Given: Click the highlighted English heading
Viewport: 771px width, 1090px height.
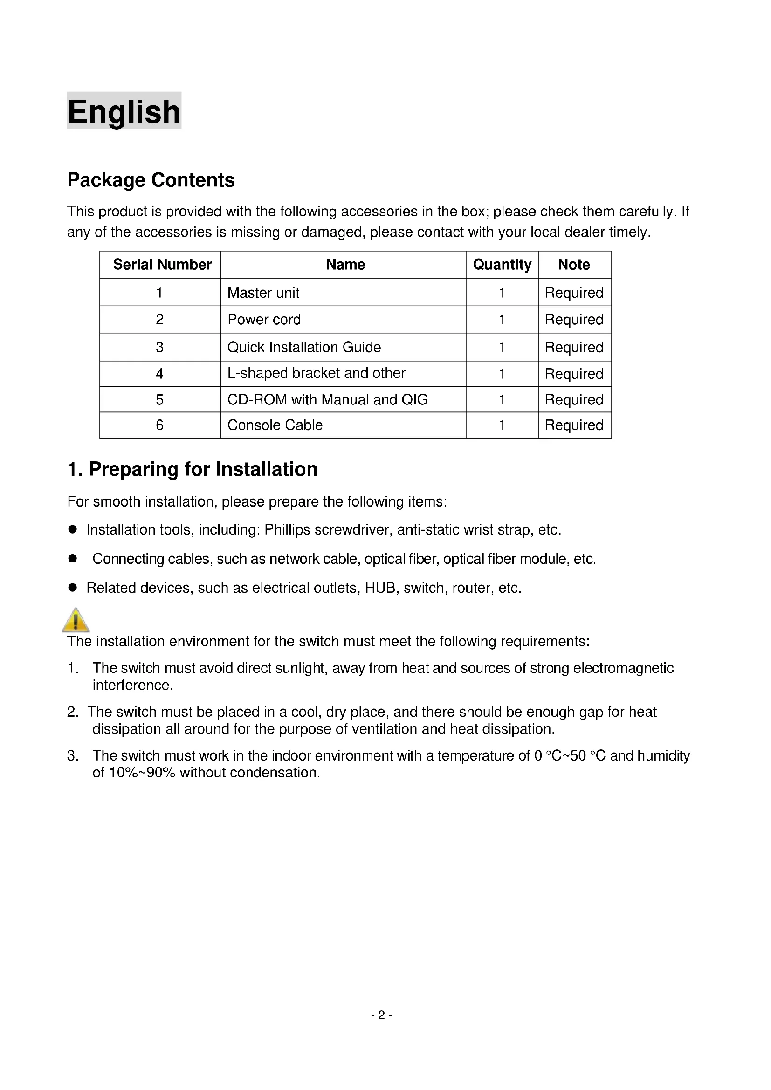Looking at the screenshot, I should (x=124, y=111).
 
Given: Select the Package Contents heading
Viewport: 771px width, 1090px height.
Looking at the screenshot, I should (x=151, y=180).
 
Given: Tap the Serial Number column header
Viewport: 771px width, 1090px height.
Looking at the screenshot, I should (x=162, y=264).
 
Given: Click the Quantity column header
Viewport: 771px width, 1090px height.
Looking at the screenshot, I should (x=502, y=264).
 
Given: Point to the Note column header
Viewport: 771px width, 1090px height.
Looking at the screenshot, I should (x=573, y=264).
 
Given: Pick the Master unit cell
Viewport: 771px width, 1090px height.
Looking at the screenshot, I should (x=263, y=293).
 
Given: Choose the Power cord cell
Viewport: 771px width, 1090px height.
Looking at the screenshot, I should (x=264, y=320).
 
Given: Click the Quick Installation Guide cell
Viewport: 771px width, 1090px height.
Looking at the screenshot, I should (x=304, y=347).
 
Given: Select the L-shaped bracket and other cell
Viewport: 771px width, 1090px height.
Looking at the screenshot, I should (x=316, y=373).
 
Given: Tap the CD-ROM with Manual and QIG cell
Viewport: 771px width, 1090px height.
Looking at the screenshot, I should (x=328, y=400).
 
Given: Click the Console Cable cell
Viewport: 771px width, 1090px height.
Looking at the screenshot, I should (x=275, y=425).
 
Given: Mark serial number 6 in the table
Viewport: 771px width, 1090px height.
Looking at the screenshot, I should (x=159, y=425).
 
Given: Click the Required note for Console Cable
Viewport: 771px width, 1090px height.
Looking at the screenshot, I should (x=573, y=425).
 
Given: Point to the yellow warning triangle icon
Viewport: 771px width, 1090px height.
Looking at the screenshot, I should (x=76, y=620).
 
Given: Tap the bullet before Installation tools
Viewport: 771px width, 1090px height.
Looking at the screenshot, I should (x=73, y=529).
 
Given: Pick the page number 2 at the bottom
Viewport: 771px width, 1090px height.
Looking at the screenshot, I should (x=381, y=1015).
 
